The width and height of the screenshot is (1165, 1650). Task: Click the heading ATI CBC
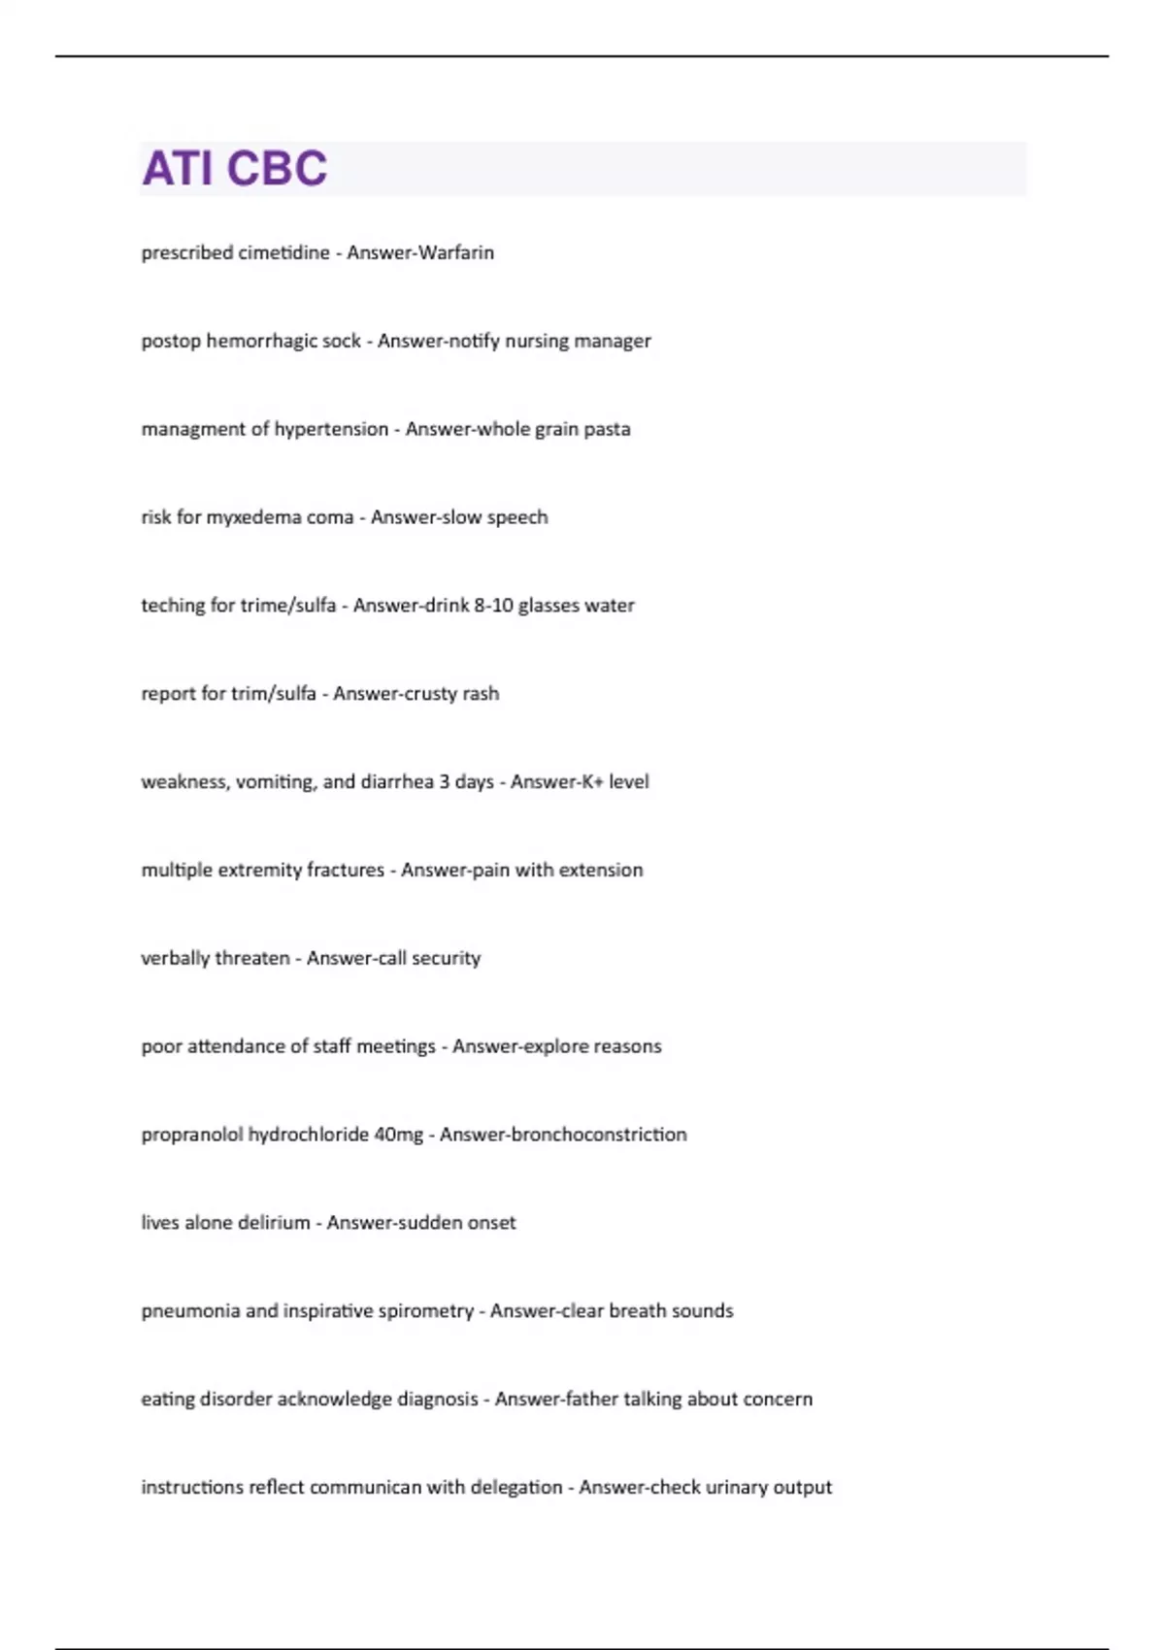[235, 168]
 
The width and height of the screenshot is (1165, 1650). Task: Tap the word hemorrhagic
[261, 341]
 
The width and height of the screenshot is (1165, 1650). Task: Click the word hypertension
[331, 429]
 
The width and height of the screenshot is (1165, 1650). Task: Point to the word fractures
[346, 870]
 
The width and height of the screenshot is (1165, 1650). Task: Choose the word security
[447, 958]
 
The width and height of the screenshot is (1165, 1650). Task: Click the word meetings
[396, 1046]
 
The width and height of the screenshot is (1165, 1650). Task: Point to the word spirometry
[426, 1311]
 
